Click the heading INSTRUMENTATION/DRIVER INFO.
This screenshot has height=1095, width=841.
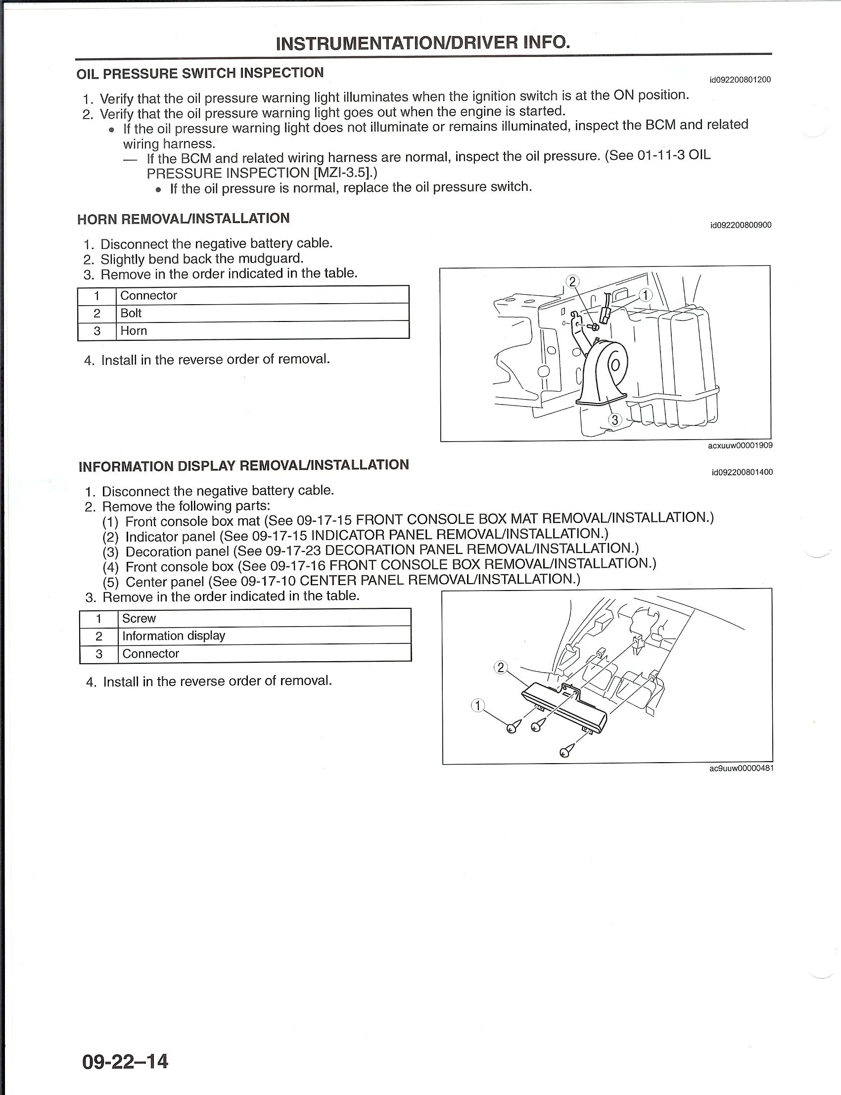tap(423, 43)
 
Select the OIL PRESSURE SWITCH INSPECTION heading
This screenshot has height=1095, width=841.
tap(200, 73)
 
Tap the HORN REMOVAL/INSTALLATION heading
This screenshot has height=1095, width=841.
tap(183, 219)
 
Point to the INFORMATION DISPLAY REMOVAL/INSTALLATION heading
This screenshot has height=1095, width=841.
tap(244, 465)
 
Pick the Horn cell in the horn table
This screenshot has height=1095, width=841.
tap(134, 331)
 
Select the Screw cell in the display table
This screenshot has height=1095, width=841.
tap(139, 619)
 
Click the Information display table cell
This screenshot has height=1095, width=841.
tap(174, 636)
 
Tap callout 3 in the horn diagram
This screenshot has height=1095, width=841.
tap(614, 420)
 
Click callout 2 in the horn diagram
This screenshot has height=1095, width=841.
tap(572, 282)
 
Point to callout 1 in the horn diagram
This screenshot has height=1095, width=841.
tap(646, 295)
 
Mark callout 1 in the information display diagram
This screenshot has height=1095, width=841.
tap(478, 706)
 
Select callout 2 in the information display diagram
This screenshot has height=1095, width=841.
tap(501, 667)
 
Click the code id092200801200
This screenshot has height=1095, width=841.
tap(740, 80)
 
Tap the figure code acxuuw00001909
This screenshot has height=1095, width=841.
tap(740, 446)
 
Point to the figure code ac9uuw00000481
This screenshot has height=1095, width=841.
tap(741, 769)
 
